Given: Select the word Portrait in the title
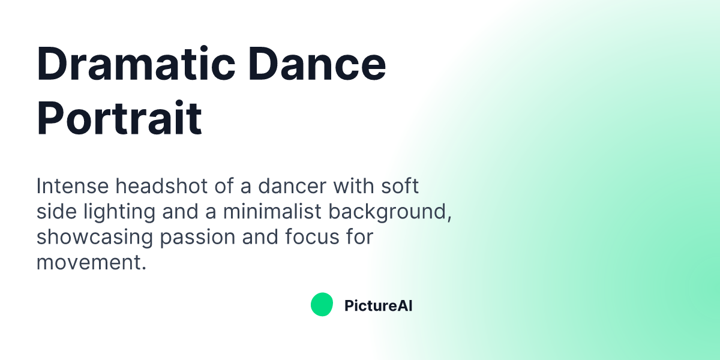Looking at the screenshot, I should pyautogui.click(x=119, y=118).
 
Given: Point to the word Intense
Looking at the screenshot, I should pyautogui.click(x=73, y=186).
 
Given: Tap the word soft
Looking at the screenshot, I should pyautogui.click(x=400, y=186).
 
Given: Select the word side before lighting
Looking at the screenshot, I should pyautogui.click(x=55, y=212).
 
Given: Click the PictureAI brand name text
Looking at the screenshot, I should pyautogui.click(x=378, y=306).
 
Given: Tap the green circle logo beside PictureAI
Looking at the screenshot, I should pyautogui.click(x=322, y=305).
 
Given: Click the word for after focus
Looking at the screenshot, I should pyautogui.click(x=361, y=237).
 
